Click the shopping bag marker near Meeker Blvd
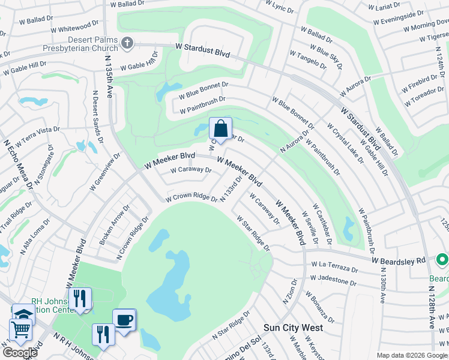tap(220, 129)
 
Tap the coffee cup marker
tap(124, 320)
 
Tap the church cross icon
tap(126, 43)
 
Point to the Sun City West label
tap(294, 328)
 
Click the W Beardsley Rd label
tap(398, 260)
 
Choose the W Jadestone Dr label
tap(333, 280)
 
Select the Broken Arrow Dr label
tap(114, 226)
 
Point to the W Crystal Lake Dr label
tap(345, 143)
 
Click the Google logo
tap(20, 353)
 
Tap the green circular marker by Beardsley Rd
tap(442, 260)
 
